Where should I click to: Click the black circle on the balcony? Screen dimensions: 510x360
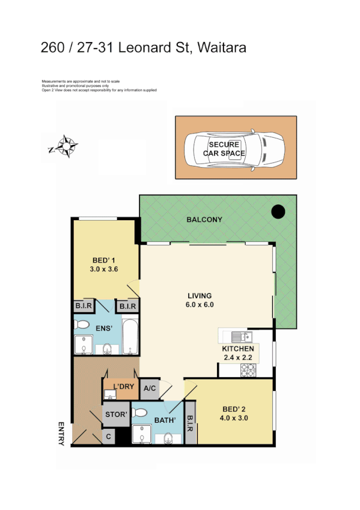(x=278, y=212)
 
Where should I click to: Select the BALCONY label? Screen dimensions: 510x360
(x=204, y=220)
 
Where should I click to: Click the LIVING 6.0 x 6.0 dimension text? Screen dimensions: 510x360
(x=199, y=305)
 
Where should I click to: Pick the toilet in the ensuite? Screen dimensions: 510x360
(x=107, y=348)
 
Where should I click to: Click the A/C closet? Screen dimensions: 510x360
(x=150, y=389)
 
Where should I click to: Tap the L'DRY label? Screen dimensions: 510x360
(x=123, y=386)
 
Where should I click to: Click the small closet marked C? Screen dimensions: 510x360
(x=109, y=437)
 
